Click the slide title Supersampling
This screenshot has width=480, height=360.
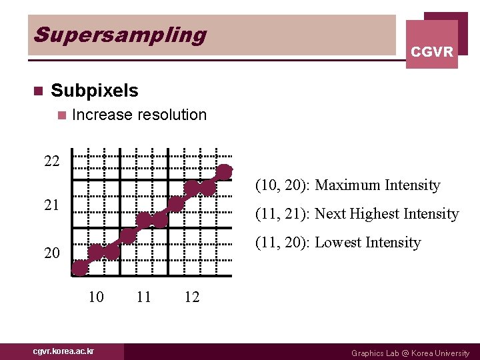pyautogui.click(x=120, y=35)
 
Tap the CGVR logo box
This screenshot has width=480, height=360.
pyautogui.click(x=432, y=44)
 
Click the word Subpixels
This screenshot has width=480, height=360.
pyautogui.click(x=95, y=91)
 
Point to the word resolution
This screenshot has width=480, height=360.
pyautogui.click(x=172, y=115)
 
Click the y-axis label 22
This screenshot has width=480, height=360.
pyautogui.click(x=52, y=161)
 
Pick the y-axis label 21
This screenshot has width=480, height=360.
pyautogui.click(x=52, y=205)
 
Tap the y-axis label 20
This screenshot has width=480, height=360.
pyautogui.click(x=52, y=253)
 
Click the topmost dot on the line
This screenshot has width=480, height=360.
pyautogui.click(x=225, y=171)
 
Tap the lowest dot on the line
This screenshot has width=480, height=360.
pyautogui.click(x=80, y=268)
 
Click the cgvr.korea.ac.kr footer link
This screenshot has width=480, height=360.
pyautogui.click(x=64, y=351)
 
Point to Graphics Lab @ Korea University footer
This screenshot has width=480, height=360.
pyautogui.click(x=410, y=353)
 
